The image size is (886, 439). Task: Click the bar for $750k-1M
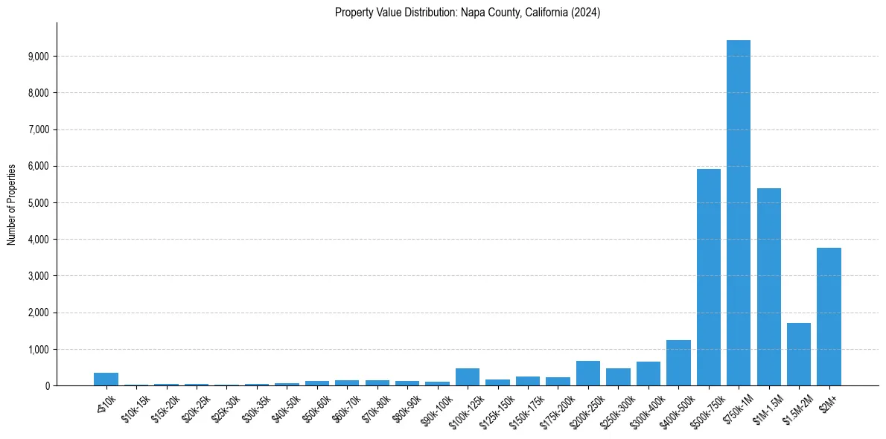coord(738,213)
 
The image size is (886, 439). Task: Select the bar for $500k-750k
coord(708,277)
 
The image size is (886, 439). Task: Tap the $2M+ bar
coord(829,316)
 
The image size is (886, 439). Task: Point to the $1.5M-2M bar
coord(798,354)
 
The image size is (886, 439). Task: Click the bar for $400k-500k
coord(678,362)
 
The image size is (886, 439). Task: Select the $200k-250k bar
coord(588,373)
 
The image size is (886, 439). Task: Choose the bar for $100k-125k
coord(468,376)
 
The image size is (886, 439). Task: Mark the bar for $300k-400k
coord(648,374)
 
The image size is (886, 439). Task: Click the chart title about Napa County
coord(468,13)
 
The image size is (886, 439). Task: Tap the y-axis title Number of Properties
coord(12,204)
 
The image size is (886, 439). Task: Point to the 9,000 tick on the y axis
coord(38,57)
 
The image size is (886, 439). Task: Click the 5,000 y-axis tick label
coord(38,203)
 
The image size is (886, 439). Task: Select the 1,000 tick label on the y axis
coord(38,350)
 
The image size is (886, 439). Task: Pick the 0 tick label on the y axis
coord(46,386)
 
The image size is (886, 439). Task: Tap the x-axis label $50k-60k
coord(313,408)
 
